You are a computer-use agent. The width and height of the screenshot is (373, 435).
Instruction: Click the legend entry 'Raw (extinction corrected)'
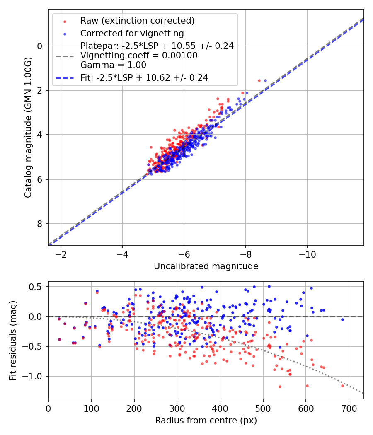137,21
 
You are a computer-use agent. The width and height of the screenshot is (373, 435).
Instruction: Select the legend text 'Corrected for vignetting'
132,33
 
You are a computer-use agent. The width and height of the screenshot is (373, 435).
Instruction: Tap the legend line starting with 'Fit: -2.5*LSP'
144,77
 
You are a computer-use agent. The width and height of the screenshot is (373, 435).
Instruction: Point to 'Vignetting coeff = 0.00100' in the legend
139,56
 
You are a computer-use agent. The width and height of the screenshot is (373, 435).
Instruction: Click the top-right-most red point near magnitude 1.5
259,80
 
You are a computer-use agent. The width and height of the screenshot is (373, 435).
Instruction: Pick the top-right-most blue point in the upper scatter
266,80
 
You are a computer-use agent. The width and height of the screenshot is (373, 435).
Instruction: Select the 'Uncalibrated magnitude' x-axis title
206,266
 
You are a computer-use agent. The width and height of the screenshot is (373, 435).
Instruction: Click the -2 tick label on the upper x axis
61,253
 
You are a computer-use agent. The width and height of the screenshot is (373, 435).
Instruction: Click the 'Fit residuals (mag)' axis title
13,341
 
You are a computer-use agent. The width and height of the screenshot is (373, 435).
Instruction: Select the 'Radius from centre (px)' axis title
206,420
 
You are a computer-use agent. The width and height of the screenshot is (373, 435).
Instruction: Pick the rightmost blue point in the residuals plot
343,319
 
